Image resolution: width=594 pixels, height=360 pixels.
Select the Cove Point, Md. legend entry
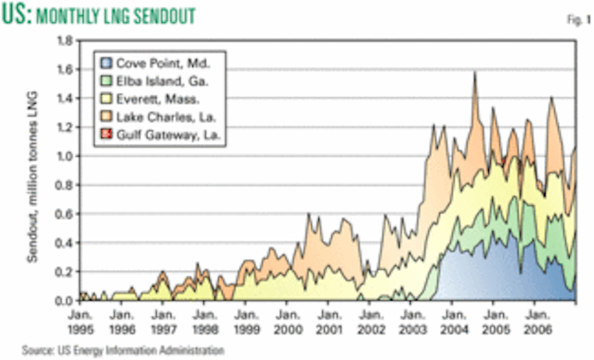pos(159,62)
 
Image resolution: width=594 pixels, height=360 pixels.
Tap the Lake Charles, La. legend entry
pos(162,118)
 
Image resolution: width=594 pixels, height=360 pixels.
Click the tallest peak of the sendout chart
pos(475,72)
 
